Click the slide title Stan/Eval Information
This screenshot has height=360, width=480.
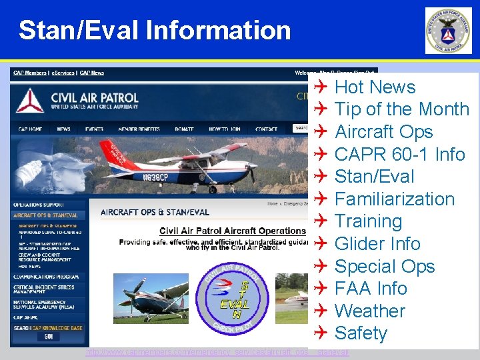coord(155,30)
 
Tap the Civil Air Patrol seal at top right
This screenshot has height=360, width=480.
coord(449,31)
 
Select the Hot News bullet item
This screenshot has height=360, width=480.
coord(375,87)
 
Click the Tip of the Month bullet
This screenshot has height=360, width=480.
coord(401,109)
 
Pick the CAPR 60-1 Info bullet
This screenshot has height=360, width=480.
coord(399,154)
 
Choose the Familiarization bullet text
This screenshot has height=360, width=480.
coord(394,199)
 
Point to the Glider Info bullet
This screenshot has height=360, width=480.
coord(377,243)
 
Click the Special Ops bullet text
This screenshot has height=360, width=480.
coord(384,266)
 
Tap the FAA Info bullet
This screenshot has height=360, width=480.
coord(371,288)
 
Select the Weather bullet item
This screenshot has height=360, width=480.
coord(369,311)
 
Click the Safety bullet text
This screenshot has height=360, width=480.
coord(361,333)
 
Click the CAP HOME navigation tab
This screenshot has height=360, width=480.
coord(30,129)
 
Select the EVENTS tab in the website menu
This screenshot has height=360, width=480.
coord(94,129)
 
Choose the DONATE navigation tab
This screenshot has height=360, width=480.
coord(184,129)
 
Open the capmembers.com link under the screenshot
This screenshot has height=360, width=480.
coord(217,352)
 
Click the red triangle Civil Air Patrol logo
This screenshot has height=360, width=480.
coord(30,101)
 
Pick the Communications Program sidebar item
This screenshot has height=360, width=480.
coord(47,277)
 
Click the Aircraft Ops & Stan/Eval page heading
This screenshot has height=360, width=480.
coord(155,213)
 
